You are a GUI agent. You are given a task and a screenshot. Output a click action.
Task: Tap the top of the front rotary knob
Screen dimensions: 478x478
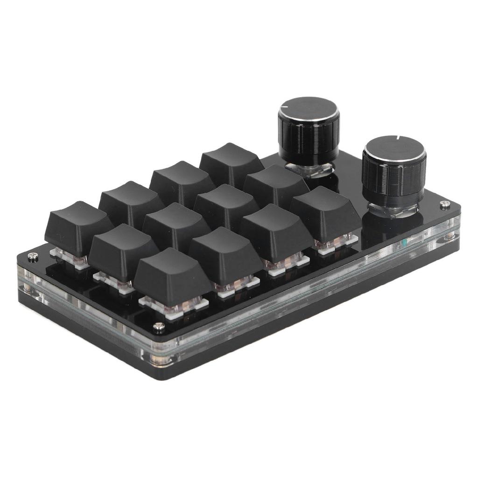pos(394,149)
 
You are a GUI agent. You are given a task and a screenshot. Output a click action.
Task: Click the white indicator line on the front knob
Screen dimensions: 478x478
pos(398,138)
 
